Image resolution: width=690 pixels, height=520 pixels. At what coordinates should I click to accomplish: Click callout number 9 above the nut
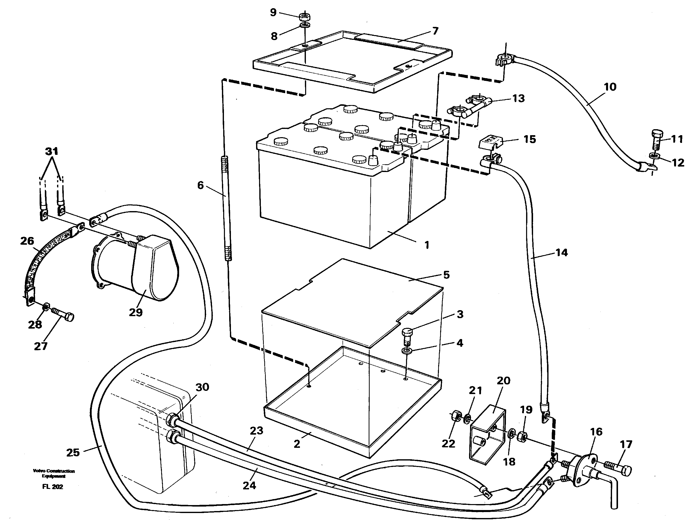tap(273, 12)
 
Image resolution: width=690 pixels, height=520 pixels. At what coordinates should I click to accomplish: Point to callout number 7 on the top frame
tap(435, 31)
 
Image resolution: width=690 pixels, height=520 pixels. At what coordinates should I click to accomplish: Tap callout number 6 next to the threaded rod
tap(200, 185)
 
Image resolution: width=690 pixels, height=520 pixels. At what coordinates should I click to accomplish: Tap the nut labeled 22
tap(456, 416)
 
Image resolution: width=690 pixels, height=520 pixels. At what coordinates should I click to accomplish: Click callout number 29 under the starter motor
tap(136, 312)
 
